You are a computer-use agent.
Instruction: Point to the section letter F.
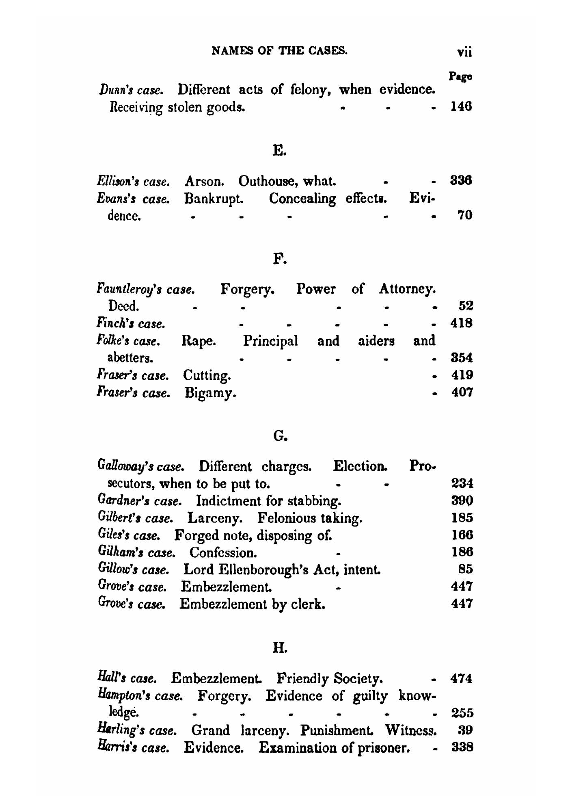[x=280, y=258]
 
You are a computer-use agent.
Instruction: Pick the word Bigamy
[x=210, y=393]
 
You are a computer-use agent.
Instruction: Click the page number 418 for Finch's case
[x=462, y=324]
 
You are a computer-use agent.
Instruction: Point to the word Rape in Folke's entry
[x=198, y=340]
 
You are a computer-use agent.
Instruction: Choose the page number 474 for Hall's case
[x=462, y=679]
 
